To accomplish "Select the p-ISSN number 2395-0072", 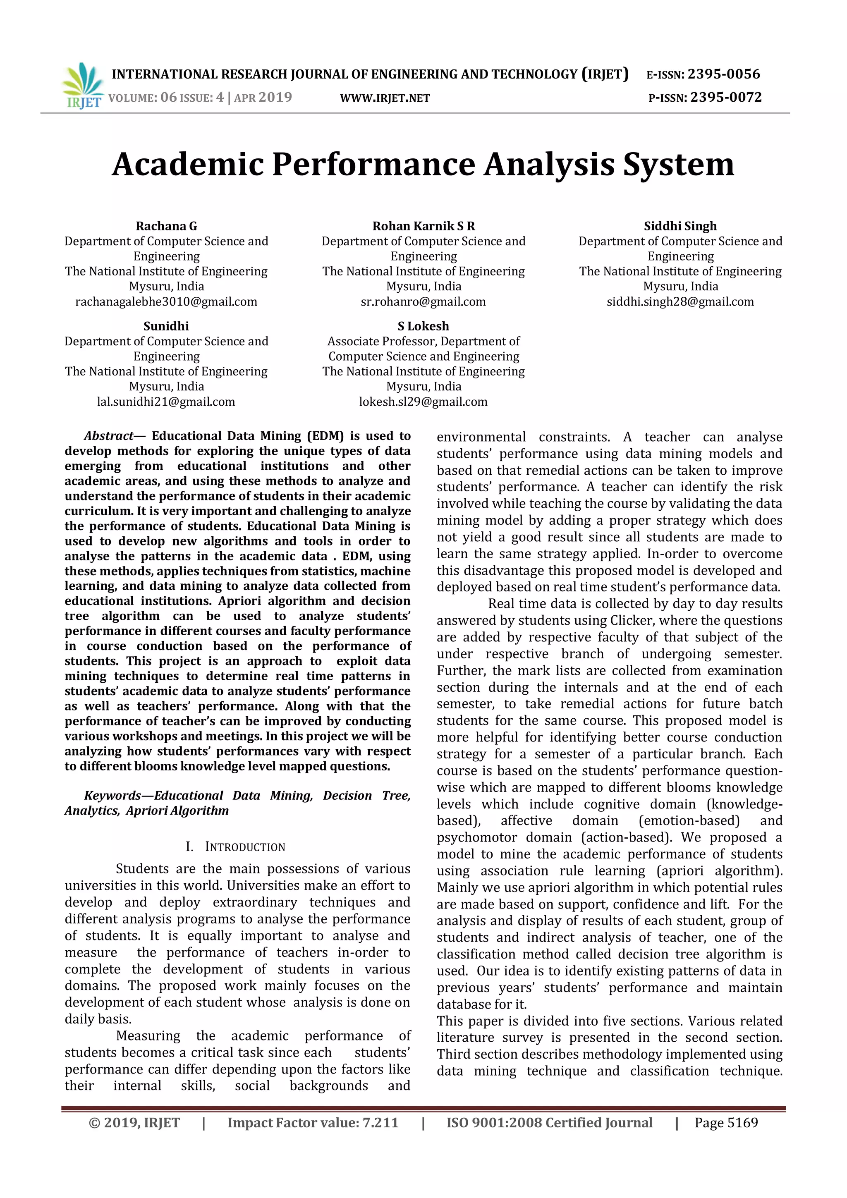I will coord(726,98).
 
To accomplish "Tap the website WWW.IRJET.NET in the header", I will coord(385,98).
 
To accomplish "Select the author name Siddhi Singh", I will coord(680,226).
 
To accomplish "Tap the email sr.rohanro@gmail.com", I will coord(423,301).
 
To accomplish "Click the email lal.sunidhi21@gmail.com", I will coord(166,402).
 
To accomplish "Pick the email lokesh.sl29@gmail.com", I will coord(423,402).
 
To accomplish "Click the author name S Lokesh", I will coord(423,326).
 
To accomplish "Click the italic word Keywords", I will coord(112,796).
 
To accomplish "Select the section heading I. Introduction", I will coord(235,847).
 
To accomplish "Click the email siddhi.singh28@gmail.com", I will coord(680,301).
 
